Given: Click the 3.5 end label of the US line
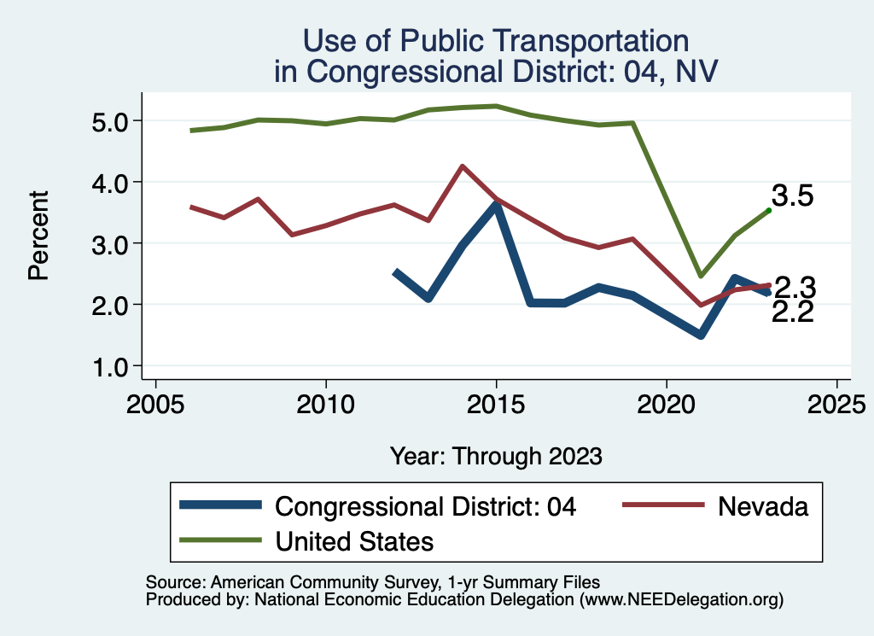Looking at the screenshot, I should pos(792,195).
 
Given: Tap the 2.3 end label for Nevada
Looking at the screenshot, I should pos(792,287).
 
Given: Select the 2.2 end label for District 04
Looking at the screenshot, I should pos(792,312).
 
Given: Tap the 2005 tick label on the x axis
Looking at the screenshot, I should pos(155,404).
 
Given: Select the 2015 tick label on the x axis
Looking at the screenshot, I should pos(496,404).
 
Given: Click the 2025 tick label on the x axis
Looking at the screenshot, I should pos(836,404).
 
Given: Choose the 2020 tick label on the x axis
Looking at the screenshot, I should pos(666,404).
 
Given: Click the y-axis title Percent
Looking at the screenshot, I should pos(38,244).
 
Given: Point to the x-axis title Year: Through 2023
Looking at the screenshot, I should pos(496,456).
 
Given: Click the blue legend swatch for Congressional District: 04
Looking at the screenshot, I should pos(221,506).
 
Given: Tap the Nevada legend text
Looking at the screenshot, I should pos(763,506).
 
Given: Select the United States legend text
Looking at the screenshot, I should pos(354,540).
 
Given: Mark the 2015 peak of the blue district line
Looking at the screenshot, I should pos(496,205).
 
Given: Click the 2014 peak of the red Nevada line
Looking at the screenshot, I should pos(462,166).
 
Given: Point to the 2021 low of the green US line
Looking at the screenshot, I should pos(700,275).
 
